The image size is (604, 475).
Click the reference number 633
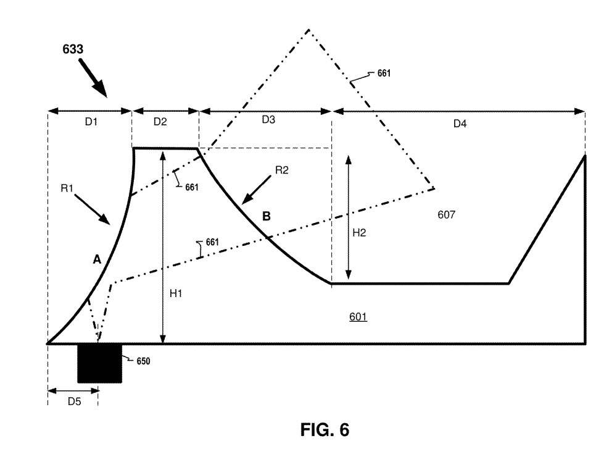click(73, 49)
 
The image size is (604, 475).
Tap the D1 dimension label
click(91, 122)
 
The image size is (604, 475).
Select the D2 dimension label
click(160, 122)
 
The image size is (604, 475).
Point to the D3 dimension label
click(268, 119)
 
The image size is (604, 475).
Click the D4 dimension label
click(460, 124)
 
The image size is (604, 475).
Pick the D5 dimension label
click(75, 401)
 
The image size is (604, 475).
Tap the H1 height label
click(176, 294)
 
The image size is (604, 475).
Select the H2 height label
click(360, 232)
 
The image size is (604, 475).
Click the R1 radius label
click(67, 188)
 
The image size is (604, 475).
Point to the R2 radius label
click(281, 170)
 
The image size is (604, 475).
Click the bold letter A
click(97, 259)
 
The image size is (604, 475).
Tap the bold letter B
click(266, 216)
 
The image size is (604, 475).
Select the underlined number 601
click(358, 316)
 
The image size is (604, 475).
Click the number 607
click(447, 214)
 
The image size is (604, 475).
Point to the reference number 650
click(143, 361)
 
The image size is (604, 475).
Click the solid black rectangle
click(100, 363)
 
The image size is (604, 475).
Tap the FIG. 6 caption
click(325, 429)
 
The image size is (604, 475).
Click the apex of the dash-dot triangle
click(308, 29)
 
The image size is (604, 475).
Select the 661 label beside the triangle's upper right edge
click(384, 74)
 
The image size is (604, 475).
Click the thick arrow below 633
click(93, 77)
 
